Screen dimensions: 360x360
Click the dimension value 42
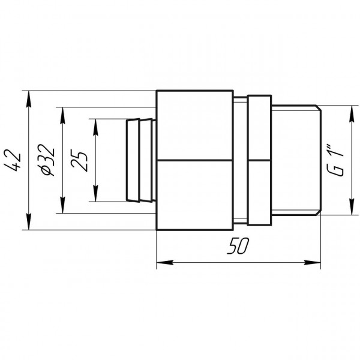[16, 160]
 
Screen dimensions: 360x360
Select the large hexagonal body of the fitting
[194, 160]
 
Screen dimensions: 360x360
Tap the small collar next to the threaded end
[259, 160]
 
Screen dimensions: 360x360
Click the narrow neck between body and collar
[240, 160]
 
